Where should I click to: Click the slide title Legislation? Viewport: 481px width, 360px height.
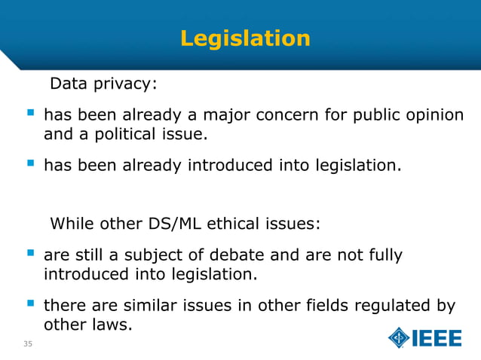(245, 38)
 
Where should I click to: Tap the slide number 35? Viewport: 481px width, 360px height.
(28, 345)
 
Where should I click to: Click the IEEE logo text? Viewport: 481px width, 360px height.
(437, 338)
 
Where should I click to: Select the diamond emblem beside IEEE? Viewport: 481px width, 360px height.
(399, 338)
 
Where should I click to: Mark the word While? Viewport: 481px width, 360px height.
(71, 224)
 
